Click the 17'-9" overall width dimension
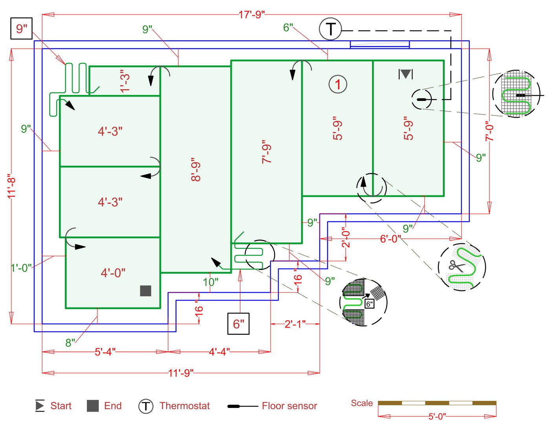coord(251,15)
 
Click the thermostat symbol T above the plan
coord(330,29)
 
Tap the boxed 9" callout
coord(21,29)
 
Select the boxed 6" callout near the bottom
coord(238,324)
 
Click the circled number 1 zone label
coord(337,84)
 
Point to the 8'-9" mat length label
coord(196,169)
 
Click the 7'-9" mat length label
coord(267,152)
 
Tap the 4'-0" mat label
coord(113,273)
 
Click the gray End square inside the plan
coord(146,291)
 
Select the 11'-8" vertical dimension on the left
coord(12,186)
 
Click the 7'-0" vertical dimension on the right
coord(489,131)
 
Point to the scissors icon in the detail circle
coord(456,266)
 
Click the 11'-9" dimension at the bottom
coord(181,373)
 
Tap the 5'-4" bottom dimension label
coord(105,352)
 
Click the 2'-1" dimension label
coord(295,324)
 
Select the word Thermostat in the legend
coord(185,406)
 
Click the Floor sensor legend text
coord(289,406)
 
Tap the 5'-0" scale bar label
coord(437,416)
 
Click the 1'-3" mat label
coord(125,81)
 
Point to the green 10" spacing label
coord(211,282)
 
